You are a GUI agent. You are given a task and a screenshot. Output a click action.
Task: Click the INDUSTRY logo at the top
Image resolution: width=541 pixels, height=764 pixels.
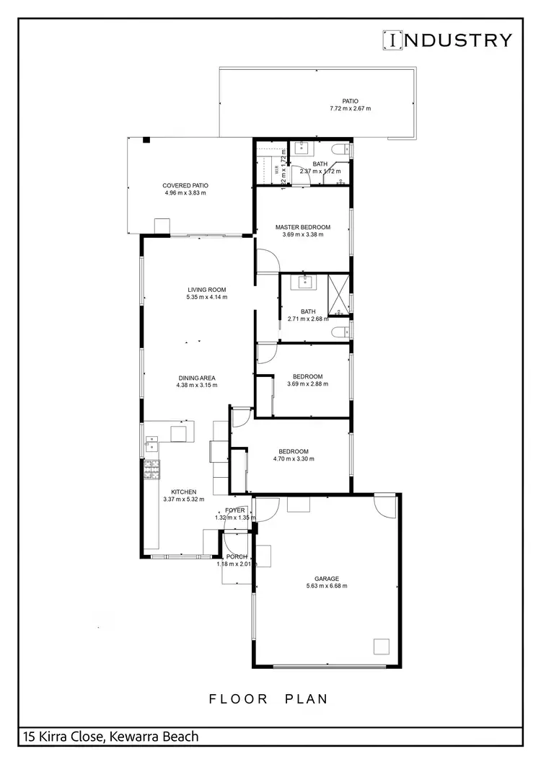(x=447, y=40)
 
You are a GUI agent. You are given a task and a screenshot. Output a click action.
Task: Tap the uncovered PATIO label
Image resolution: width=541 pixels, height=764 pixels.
(x=351, y=102)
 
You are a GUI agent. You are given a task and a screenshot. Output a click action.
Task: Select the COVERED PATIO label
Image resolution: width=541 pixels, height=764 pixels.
(x=185, y=185)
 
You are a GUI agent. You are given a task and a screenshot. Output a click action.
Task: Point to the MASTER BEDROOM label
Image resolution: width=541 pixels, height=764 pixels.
(x=303, y=227)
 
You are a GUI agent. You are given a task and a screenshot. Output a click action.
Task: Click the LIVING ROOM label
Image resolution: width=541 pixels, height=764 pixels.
(x=207, y=290)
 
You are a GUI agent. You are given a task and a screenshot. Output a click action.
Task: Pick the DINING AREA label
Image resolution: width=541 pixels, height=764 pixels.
(x=196, y=378)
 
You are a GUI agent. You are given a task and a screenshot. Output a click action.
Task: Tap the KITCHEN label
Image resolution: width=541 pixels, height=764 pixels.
(x=183, y=492)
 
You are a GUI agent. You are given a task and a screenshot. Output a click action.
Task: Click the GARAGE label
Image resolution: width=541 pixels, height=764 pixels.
(x=327, y=578)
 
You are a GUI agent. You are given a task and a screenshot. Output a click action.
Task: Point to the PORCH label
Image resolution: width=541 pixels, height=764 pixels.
(x=237, y=556)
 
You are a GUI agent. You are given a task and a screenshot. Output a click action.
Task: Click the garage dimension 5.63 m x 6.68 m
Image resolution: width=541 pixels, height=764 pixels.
(x=327, y=586)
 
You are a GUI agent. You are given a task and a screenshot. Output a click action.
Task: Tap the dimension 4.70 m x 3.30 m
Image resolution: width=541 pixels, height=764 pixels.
(x=294, y=459)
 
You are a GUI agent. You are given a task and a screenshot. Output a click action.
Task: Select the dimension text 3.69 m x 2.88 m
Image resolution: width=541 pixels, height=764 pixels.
(x=307, y=384)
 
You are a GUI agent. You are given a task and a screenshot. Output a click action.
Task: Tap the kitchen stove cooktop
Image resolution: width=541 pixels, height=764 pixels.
(x=152, y=470)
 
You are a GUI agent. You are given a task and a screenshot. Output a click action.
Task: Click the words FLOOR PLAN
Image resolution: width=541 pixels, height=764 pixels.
(x=268, y=698)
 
